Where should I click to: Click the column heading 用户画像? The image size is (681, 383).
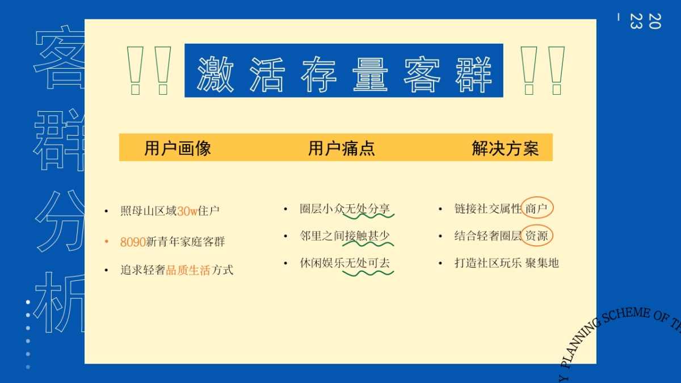coord(178,149)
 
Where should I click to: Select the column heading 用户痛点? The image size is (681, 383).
coord(342,149)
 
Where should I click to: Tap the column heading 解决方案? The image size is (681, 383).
coord(505,149)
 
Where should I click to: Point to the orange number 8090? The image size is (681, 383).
coord(133,242)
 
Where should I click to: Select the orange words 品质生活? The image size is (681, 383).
coord(188,270)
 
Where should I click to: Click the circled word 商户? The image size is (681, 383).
coord(537,209)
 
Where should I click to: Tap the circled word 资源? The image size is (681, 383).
coord(537,236)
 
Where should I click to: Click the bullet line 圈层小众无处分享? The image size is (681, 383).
coord(344,209)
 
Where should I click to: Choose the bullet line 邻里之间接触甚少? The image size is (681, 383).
coord(344,236)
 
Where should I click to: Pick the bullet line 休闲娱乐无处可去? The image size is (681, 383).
coord(344,263)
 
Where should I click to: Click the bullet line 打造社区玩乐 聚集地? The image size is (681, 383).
coord(506,263)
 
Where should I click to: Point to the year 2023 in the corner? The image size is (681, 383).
coord(645,21)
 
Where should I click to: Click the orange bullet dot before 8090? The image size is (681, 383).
coord(106,242)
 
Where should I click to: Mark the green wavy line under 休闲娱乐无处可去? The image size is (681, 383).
coord(368,273)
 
